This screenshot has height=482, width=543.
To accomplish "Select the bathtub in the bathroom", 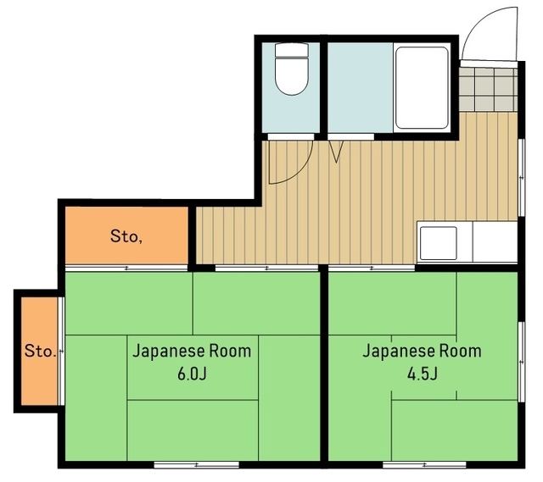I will (x=421, y=88).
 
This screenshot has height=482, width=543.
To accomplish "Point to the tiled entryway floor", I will (x=489, y=89).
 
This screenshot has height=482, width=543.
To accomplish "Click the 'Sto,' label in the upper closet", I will (x=126, y=236).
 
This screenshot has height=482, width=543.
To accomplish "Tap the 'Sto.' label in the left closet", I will (x=40, y=350).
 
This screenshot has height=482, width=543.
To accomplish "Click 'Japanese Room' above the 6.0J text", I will (x=192, y=351).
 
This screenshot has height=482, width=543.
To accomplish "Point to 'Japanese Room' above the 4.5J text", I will (x=422, y=351).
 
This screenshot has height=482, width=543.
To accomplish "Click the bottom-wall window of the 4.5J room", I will (x=424, y=464).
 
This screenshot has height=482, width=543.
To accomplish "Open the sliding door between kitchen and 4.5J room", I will (x=372, y=269).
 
